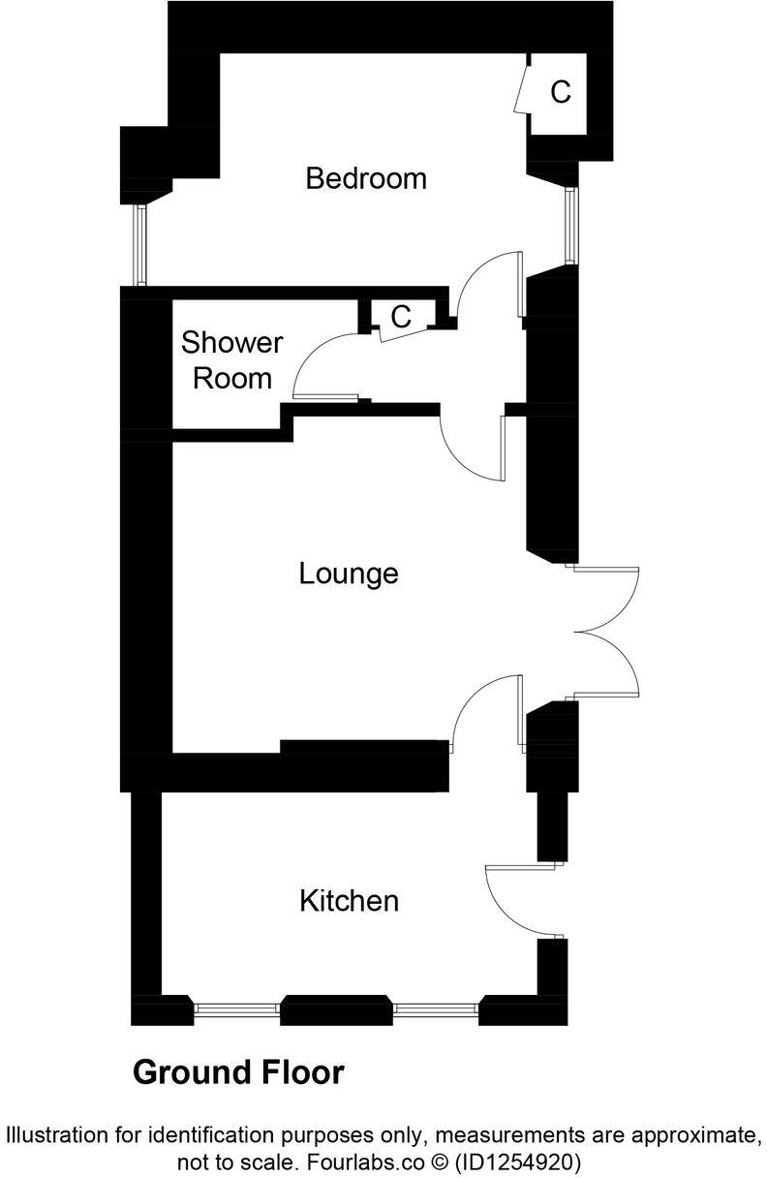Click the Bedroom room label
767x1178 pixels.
(366, 179)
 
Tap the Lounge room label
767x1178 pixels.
(349, 573)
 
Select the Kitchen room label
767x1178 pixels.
(349, 902)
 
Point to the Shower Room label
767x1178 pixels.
(232, 360)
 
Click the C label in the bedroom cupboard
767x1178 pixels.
(561, 93)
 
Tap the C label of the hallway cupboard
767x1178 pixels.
(401, 317)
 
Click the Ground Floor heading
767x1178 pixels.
(238, 1073)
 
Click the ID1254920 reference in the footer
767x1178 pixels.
(517, 1161)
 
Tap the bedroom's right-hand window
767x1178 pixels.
(571, 225)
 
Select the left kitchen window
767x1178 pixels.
(237, 1009)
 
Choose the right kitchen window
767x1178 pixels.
(436, 1009)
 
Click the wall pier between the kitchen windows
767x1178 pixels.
(336, 1010)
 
